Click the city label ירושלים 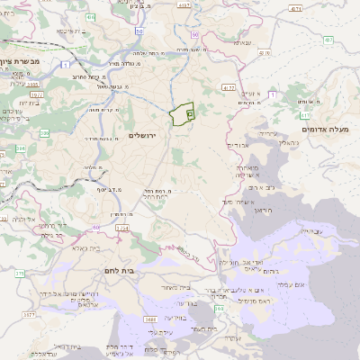(143, 135)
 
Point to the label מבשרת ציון (20, 62)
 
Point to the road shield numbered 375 (19, 272)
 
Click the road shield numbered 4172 (229, 87)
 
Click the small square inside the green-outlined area (190, 114)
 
